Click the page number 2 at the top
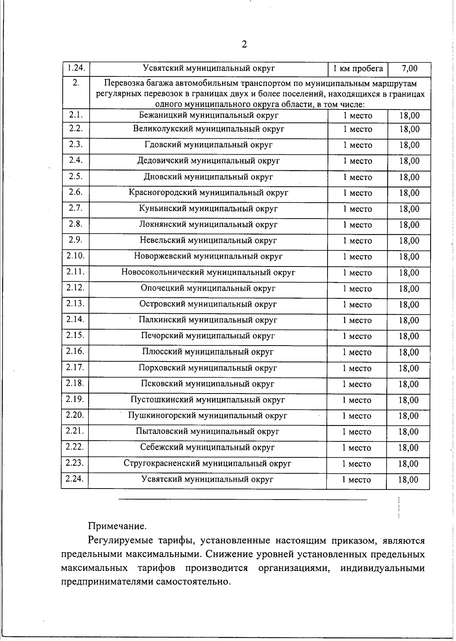point(244,45)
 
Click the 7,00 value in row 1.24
point(409,69)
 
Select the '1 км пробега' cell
point(358,69)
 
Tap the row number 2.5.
point(76,176)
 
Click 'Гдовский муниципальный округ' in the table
point(209,145)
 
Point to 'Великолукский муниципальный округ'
point(209,129)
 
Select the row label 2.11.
point(75,272)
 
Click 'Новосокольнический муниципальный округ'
point(208,272)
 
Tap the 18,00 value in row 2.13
point(409,305)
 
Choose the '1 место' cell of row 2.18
point(357,384)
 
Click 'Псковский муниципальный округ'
point(207,384)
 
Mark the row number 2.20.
point(75,415)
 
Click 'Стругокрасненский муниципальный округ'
point(207,463)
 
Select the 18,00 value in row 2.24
point(408,480)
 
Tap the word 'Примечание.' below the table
point(117,527)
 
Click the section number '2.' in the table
point(76,83)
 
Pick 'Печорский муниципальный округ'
point(207,336)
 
